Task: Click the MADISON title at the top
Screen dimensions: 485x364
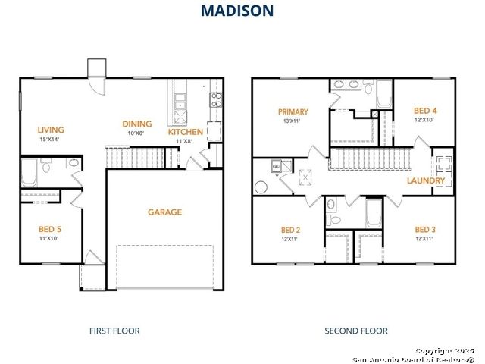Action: coord(237,11)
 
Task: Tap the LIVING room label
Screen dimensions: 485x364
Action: coord(51,130)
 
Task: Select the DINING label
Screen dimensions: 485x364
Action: coord(137,124)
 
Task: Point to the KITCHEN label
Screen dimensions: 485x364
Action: coord(186,132)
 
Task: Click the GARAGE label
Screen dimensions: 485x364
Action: coord(165,212)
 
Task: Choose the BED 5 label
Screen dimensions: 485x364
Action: coord(50,229)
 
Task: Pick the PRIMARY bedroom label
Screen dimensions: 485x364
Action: coord(293,111)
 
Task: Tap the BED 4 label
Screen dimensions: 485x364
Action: coord(425,111)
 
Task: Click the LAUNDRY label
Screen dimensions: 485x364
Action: coord(426,180)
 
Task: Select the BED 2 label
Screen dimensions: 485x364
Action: coord(290,230)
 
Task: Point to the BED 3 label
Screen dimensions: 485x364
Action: coord(425,230)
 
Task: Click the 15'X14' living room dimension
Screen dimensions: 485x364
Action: coord(49,140)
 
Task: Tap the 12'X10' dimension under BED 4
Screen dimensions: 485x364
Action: coord(424,120)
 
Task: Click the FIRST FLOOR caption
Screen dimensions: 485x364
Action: coord(114,331)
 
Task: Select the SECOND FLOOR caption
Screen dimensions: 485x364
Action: coord(356,331)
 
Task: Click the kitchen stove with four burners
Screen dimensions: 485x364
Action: coord(216,99)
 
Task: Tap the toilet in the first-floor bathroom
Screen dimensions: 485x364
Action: coord(46,165)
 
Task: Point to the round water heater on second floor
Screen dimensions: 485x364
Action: coord(261,187)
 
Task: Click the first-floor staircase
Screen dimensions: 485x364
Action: coord(135,157)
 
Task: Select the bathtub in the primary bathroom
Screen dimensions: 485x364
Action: coord(384,94)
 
